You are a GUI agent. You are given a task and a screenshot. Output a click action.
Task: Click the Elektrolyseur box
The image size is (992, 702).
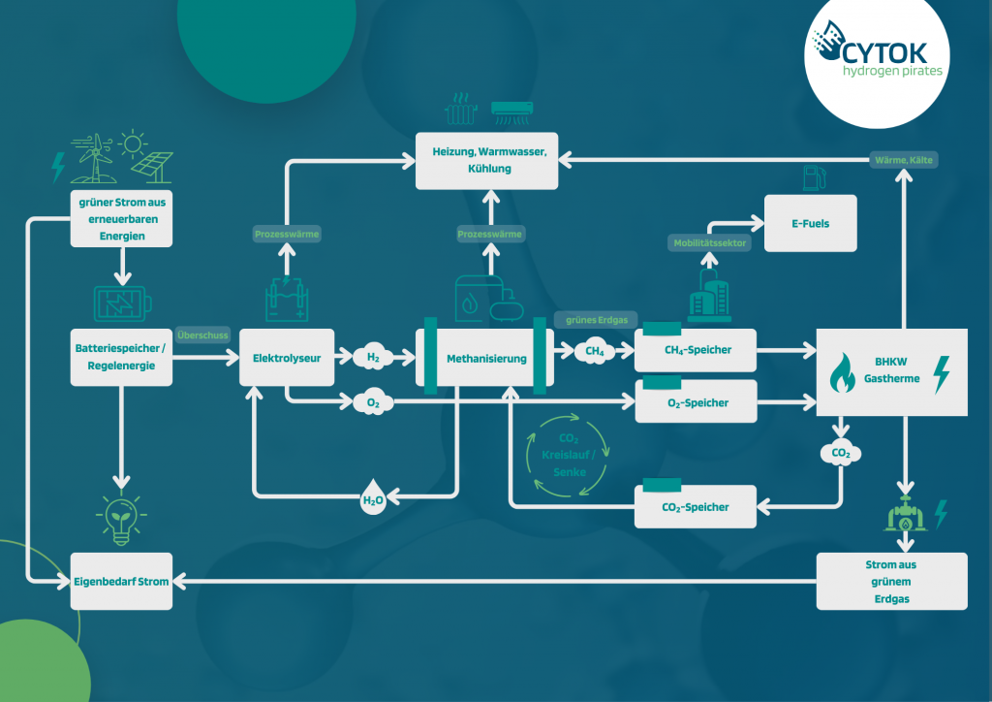click(287, 358)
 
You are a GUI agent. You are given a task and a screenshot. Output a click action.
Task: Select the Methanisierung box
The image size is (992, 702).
click(486, 358)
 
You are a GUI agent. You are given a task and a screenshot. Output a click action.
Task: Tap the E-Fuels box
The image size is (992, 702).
click(810, 223)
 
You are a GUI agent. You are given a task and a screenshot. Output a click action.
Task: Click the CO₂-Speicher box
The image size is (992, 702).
click(695, 506)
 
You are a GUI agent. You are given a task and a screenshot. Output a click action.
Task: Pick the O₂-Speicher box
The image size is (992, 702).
click(695, 401)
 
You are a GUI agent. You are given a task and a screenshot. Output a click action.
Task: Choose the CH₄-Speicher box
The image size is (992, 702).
click(695, 349)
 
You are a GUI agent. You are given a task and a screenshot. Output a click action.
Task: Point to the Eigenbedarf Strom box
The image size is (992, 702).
click(121, 581)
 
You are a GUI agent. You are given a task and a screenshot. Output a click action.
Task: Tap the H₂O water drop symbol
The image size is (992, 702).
click(373, 500)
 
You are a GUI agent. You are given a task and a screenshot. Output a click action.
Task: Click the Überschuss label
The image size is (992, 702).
click(202, 335)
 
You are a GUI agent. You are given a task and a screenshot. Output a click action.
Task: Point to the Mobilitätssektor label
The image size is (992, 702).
click(708, 243)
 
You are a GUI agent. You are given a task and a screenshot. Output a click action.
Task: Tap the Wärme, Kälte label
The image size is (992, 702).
click(904, 159)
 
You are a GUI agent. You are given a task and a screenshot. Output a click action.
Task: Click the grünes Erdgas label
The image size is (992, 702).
click(592, 319)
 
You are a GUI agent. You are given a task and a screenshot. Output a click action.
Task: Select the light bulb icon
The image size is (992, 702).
click(121, 520)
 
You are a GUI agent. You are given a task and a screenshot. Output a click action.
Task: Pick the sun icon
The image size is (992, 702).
click(133, 144)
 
